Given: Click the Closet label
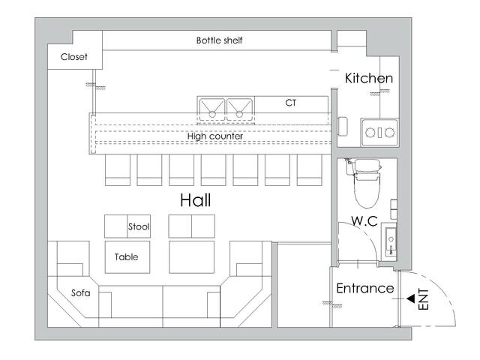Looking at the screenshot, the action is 73,57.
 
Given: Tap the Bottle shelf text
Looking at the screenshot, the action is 219,40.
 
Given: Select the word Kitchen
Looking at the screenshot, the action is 368,78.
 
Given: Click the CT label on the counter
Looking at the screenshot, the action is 290,103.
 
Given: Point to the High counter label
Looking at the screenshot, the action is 215,136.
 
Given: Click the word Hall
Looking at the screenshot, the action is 195,200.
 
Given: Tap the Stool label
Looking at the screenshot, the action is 139,226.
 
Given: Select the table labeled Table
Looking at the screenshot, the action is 127,256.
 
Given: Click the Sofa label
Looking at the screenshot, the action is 81,293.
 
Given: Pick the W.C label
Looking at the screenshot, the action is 364,221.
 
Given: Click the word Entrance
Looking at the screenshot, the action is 365,288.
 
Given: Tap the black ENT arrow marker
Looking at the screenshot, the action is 410,298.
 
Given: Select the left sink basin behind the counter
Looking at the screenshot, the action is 211,109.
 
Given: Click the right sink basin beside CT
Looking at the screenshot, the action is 239,109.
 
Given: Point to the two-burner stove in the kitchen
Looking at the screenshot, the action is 379,133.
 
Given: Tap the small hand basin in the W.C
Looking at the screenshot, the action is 389,242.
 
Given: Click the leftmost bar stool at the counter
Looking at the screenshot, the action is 118,170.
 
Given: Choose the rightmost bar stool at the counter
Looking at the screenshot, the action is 309,170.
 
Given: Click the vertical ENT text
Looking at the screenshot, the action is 423,299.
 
